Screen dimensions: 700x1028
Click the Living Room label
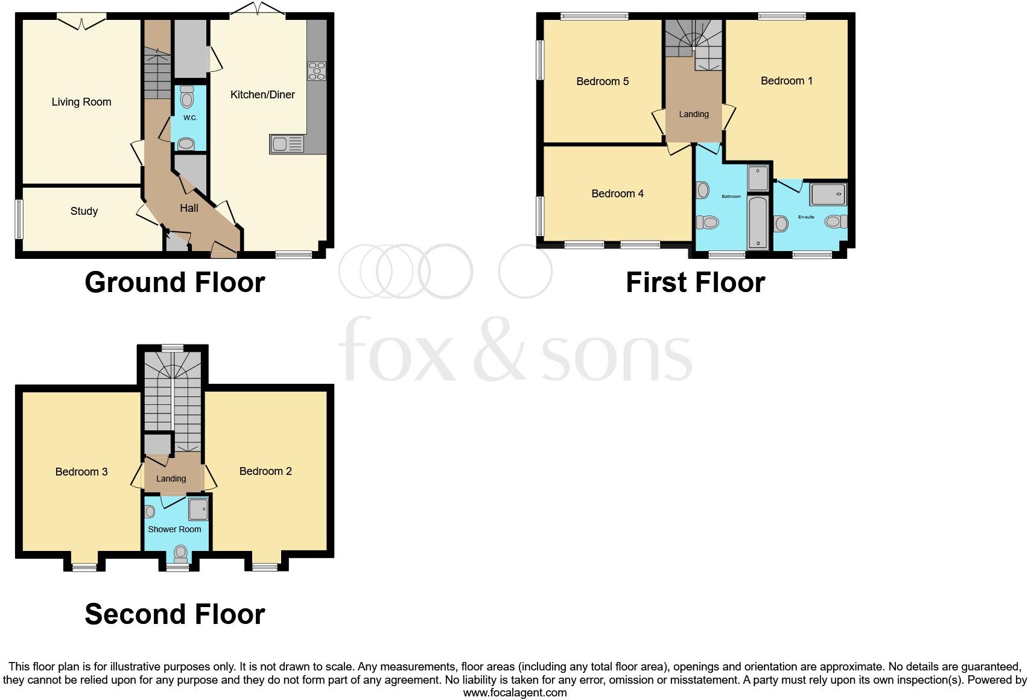pyautogui.click(x=81, y=102)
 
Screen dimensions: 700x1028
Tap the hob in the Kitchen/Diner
pyautogui.click(x=317, y=71)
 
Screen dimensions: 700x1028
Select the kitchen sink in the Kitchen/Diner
pyautogui.click(x=287, y=144)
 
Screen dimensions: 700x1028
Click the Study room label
pyautogui.click(x=84, y=211)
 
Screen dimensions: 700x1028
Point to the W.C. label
pyautogui.click(x=190, y=118)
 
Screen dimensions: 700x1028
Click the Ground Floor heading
pyautogui.click(x=174, y=282)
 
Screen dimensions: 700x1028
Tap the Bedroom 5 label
pyautogui.click(x=602, y=81)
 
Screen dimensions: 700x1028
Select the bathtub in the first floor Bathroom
pyautogui.click(x=758, y=222)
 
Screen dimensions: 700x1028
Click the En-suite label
pyautogui.click(x=806, y=217)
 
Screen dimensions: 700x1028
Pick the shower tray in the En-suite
pyautogui.click(x=828, y=195)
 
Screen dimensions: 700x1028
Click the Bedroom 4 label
pyautogui.click(x=617, y=194)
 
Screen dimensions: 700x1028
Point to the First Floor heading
pyautogui.click(x=695, y=282)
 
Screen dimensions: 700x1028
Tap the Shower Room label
pyautogui.click(x=174, y=529)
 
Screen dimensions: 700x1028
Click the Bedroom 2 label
pyautogui.click(x=265, y=471)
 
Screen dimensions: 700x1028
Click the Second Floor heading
pyautogui.click(x=174, y=614)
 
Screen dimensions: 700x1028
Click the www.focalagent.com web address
pyautogui.click(x=515, y=693)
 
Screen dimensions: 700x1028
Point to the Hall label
pyautogui.click(x=189, y=208)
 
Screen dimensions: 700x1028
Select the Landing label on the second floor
pyautogui.click(x=171, y=479)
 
